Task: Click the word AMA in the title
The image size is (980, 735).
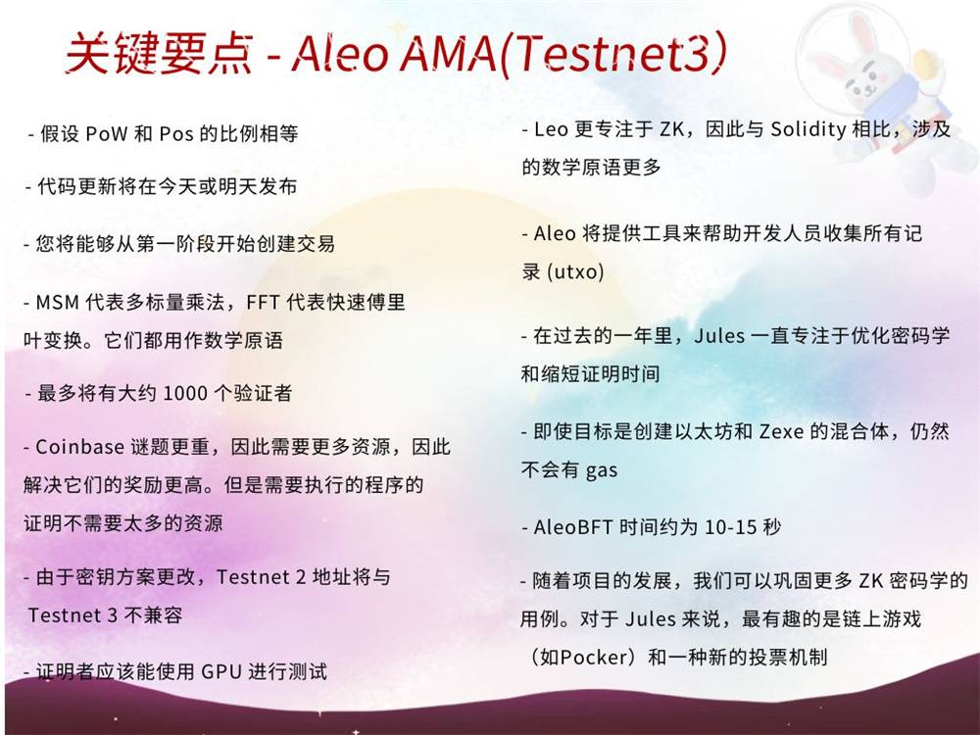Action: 448,53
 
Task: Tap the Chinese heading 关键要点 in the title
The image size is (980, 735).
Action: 160,53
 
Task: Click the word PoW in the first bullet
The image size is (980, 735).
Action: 106,133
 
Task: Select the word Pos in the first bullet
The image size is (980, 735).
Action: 176,133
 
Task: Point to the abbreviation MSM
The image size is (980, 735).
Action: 58,303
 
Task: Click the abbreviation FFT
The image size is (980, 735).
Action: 263,303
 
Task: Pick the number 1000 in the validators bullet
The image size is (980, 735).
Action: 185,394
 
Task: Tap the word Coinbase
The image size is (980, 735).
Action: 79,447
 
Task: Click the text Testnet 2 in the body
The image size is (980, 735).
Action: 261,576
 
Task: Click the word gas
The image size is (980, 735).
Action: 602,470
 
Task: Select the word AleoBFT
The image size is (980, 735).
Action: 572,527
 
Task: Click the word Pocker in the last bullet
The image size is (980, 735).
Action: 594,658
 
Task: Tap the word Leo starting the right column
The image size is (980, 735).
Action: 551,129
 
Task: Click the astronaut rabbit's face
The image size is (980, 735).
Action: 867,81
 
